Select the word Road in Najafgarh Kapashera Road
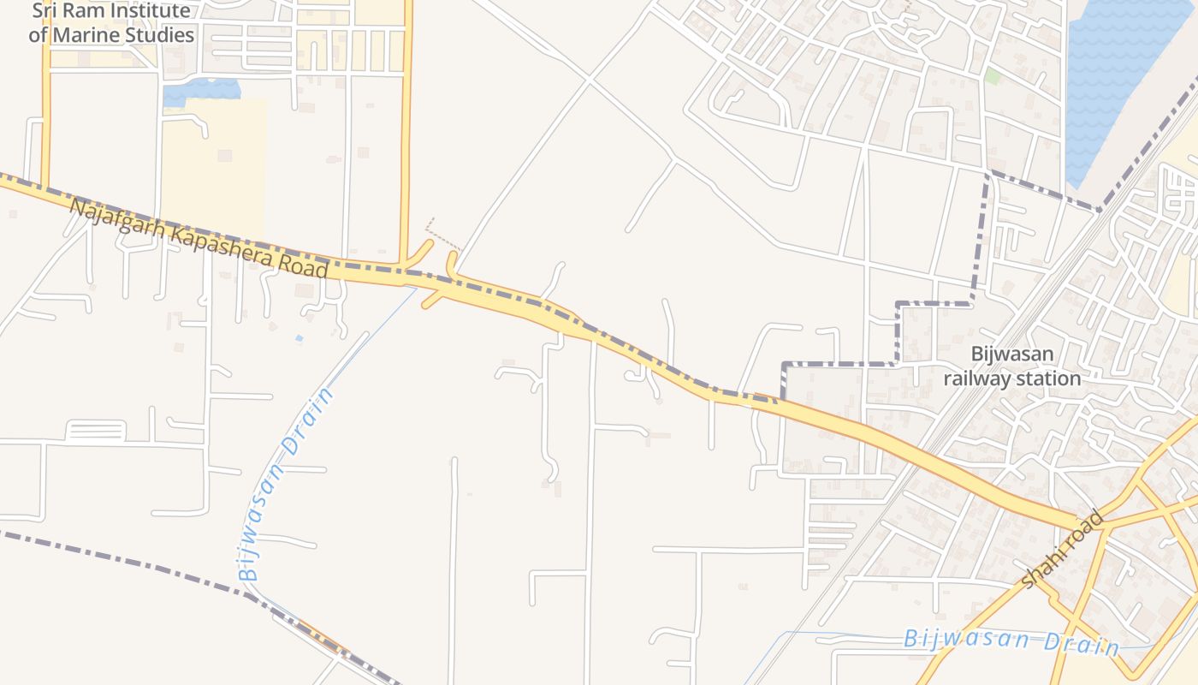pos(304,265)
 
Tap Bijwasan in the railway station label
pos(1012,354)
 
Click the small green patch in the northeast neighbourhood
pos(993,76)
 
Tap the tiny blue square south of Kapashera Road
pos(299,338)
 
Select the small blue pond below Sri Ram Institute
pos(202,89)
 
